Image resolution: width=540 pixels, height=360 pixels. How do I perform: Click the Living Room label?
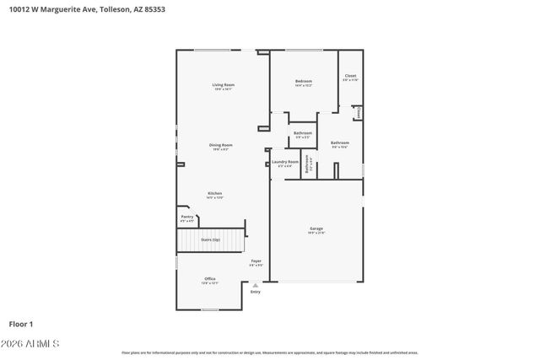223,85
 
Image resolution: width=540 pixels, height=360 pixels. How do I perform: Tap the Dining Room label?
221,145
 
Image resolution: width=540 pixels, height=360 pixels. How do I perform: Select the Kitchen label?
215,193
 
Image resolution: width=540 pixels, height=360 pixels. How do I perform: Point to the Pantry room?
187,218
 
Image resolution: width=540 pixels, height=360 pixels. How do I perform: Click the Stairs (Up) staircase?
210,240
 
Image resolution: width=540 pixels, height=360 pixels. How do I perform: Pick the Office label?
210,279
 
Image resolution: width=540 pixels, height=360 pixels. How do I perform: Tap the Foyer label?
256,261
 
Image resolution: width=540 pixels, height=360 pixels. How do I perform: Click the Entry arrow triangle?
256,286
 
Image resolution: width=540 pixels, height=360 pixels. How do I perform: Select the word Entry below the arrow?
256,293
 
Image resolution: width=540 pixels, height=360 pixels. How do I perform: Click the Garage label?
316,228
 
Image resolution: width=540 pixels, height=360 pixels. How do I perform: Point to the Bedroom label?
304,81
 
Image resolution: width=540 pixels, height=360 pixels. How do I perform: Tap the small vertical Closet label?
359,111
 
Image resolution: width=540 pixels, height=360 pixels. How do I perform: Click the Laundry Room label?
284,162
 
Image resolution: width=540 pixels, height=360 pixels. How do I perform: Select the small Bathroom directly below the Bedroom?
303,134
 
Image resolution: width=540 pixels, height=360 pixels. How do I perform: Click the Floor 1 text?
21,324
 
